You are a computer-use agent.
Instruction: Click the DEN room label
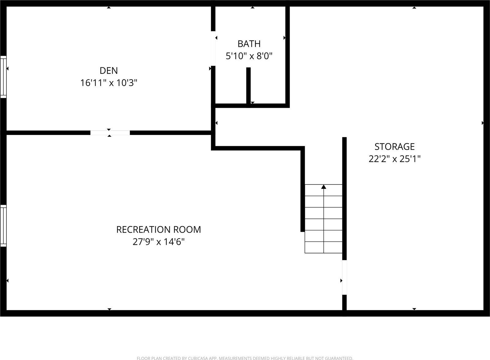click(108, 71)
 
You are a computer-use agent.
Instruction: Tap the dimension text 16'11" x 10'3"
click(108, 83)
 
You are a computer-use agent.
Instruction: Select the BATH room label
click(249, 44)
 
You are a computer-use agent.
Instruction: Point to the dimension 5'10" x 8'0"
click(249, 56)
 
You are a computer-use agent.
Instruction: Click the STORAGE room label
click(394, 147)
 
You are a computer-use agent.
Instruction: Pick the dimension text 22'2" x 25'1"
click(394, 159)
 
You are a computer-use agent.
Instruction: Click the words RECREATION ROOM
click(159, 230)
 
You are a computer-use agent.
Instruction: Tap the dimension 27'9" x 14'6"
click(159, 242)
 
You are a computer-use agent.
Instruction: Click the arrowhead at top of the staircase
click(324, 186)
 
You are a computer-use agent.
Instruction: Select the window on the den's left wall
click(3, 77)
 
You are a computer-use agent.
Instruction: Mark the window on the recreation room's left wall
click(3, 226)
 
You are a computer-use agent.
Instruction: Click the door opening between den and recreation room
click(110, 133)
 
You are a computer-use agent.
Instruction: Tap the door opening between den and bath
click(213, 48)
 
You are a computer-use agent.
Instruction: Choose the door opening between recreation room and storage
click(344, 277)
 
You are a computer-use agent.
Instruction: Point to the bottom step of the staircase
click(323, 247)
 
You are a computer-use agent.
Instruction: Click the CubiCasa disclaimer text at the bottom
click(245, 358)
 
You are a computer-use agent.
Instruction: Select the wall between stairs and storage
click(344, 196)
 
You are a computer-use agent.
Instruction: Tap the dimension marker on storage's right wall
click(483, 123)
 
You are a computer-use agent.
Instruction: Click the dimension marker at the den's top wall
click(109, 7)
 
